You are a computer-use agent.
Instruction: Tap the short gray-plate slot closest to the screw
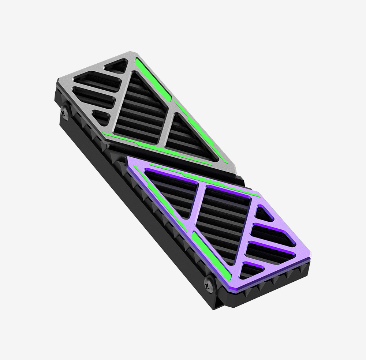point(100,117)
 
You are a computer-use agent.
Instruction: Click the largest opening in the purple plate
point(223,216)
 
